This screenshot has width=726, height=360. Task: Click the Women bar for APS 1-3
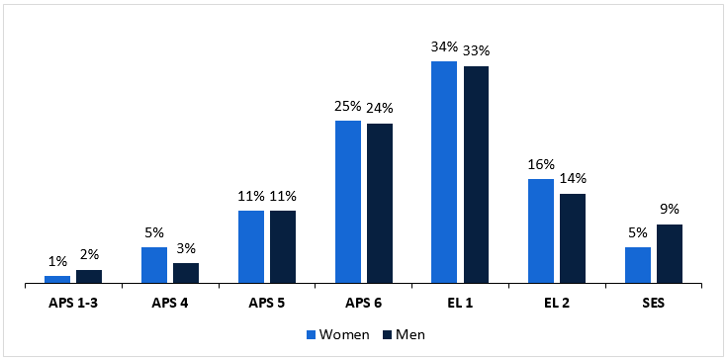57,280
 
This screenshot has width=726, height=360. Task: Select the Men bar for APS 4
186,273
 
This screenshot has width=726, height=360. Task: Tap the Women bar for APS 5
251,247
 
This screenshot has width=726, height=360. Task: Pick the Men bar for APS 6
380,204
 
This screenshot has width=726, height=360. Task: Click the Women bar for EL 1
444,173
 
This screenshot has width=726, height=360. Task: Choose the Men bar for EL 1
476,175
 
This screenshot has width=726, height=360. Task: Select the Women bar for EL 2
541,231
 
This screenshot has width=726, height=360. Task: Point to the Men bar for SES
670,254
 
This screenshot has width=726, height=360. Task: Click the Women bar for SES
638,265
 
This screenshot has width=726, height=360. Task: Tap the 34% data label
444,46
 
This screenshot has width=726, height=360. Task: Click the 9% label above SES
670,209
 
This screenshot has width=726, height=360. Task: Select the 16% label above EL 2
541,164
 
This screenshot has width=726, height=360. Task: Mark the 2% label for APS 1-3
89,254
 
